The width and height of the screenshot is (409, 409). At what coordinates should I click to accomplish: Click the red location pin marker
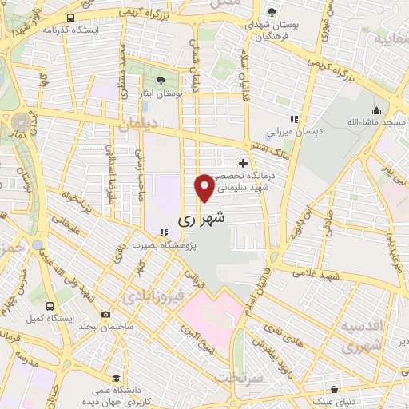(204, 187)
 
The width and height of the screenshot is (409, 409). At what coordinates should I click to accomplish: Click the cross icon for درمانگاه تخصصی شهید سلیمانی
(243, 163)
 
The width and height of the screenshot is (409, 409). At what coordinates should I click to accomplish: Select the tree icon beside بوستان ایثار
(161, 81)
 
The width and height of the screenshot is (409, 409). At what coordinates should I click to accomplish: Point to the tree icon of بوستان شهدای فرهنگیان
(272, 12)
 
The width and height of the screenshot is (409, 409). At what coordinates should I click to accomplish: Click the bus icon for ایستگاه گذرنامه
(72, 18)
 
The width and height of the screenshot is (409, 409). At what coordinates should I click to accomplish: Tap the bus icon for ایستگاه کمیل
(50, 305)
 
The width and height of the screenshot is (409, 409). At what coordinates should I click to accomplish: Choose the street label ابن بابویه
(312, 210)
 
